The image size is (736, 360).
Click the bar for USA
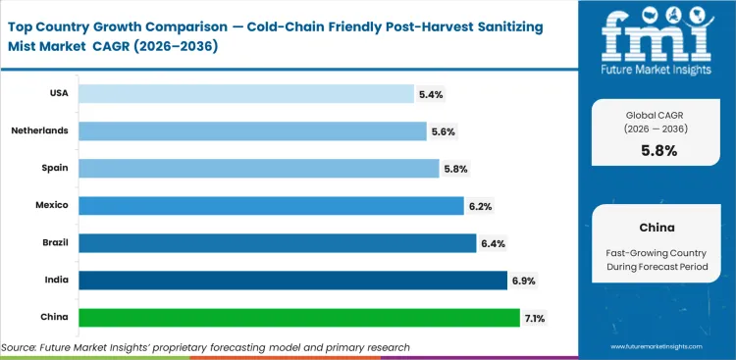[x=245, y=94]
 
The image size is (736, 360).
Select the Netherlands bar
[x=252, y=130]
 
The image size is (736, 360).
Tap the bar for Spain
[x=258, y=168]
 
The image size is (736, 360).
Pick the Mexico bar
[x=271, y=205]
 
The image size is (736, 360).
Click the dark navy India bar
[x=292, y=281]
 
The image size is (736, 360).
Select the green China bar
[x=299, y=318]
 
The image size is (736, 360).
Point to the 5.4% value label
[x=431, y=94]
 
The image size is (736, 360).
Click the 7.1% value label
[x=536, y=318]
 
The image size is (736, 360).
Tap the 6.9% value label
[x=523, y=281]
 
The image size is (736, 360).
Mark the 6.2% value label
[x=480, y=205]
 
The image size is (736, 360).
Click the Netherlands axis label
[x=38, y=130]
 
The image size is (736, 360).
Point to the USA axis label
[x=57, y=94]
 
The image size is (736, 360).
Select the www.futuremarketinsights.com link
[x=659, y=347]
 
